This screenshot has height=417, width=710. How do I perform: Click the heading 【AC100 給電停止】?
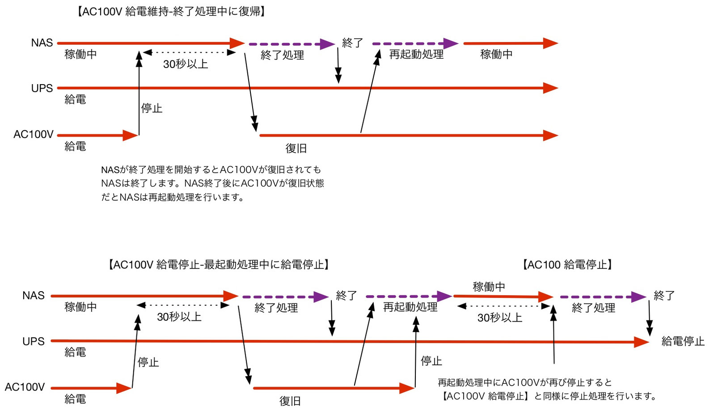(567, 264)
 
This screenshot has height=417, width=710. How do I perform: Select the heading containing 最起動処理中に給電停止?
(219, 264)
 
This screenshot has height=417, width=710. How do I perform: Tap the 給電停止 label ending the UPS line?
(683, 341)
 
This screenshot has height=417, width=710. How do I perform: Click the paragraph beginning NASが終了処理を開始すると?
(212, 183)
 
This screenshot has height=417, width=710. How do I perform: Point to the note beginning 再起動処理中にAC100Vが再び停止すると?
(546, 389)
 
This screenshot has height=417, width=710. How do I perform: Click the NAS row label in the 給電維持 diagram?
(42, 43)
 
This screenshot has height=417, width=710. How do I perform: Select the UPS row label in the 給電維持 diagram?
(42, 89)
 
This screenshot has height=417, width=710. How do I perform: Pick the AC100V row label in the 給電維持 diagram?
(34, 134)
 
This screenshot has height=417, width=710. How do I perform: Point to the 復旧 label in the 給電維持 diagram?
(296, 148)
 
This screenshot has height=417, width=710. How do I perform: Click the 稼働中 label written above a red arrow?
(489, 286)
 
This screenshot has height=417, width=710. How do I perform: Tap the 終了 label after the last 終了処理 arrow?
(664, 295)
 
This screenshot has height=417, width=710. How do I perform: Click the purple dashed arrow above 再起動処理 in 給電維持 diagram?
(415, 44)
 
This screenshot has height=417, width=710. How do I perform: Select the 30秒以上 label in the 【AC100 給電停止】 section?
(499, 318)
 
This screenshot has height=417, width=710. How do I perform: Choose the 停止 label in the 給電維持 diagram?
(152, 108)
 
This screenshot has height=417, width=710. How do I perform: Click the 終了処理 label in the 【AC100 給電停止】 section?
(593, 308)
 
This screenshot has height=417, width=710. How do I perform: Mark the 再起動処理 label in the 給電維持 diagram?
(416, 55)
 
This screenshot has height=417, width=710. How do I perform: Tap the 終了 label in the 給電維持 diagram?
(352, 43)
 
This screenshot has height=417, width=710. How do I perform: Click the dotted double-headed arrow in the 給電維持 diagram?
(189, 53)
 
